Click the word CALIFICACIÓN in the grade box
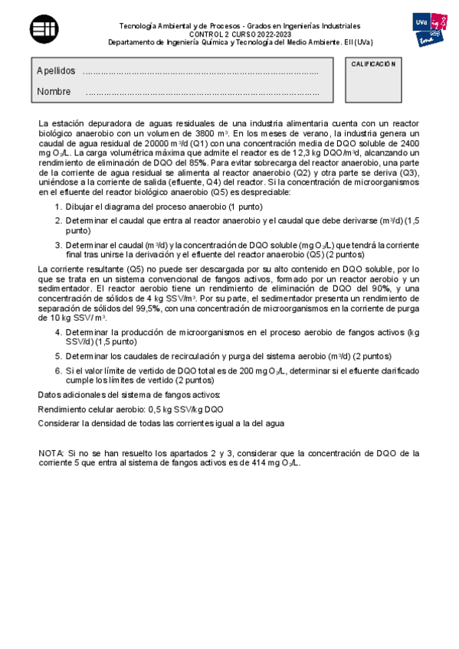373,64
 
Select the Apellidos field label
56,71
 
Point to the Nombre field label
54,92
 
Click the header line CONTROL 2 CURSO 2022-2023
229,34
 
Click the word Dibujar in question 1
83,207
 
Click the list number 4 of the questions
57,333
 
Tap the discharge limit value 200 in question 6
212,370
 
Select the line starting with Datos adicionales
130,395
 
